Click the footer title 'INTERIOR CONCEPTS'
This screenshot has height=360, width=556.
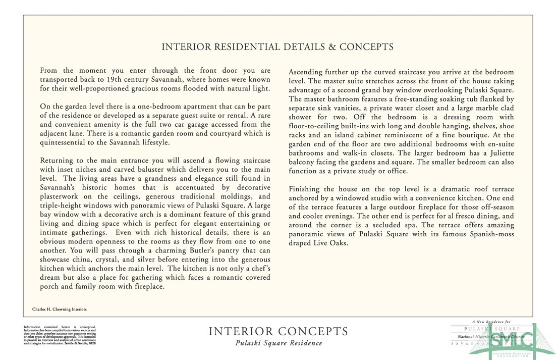pos(278,332)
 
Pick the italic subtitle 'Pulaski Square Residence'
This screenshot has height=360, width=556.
pos(279,343)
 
